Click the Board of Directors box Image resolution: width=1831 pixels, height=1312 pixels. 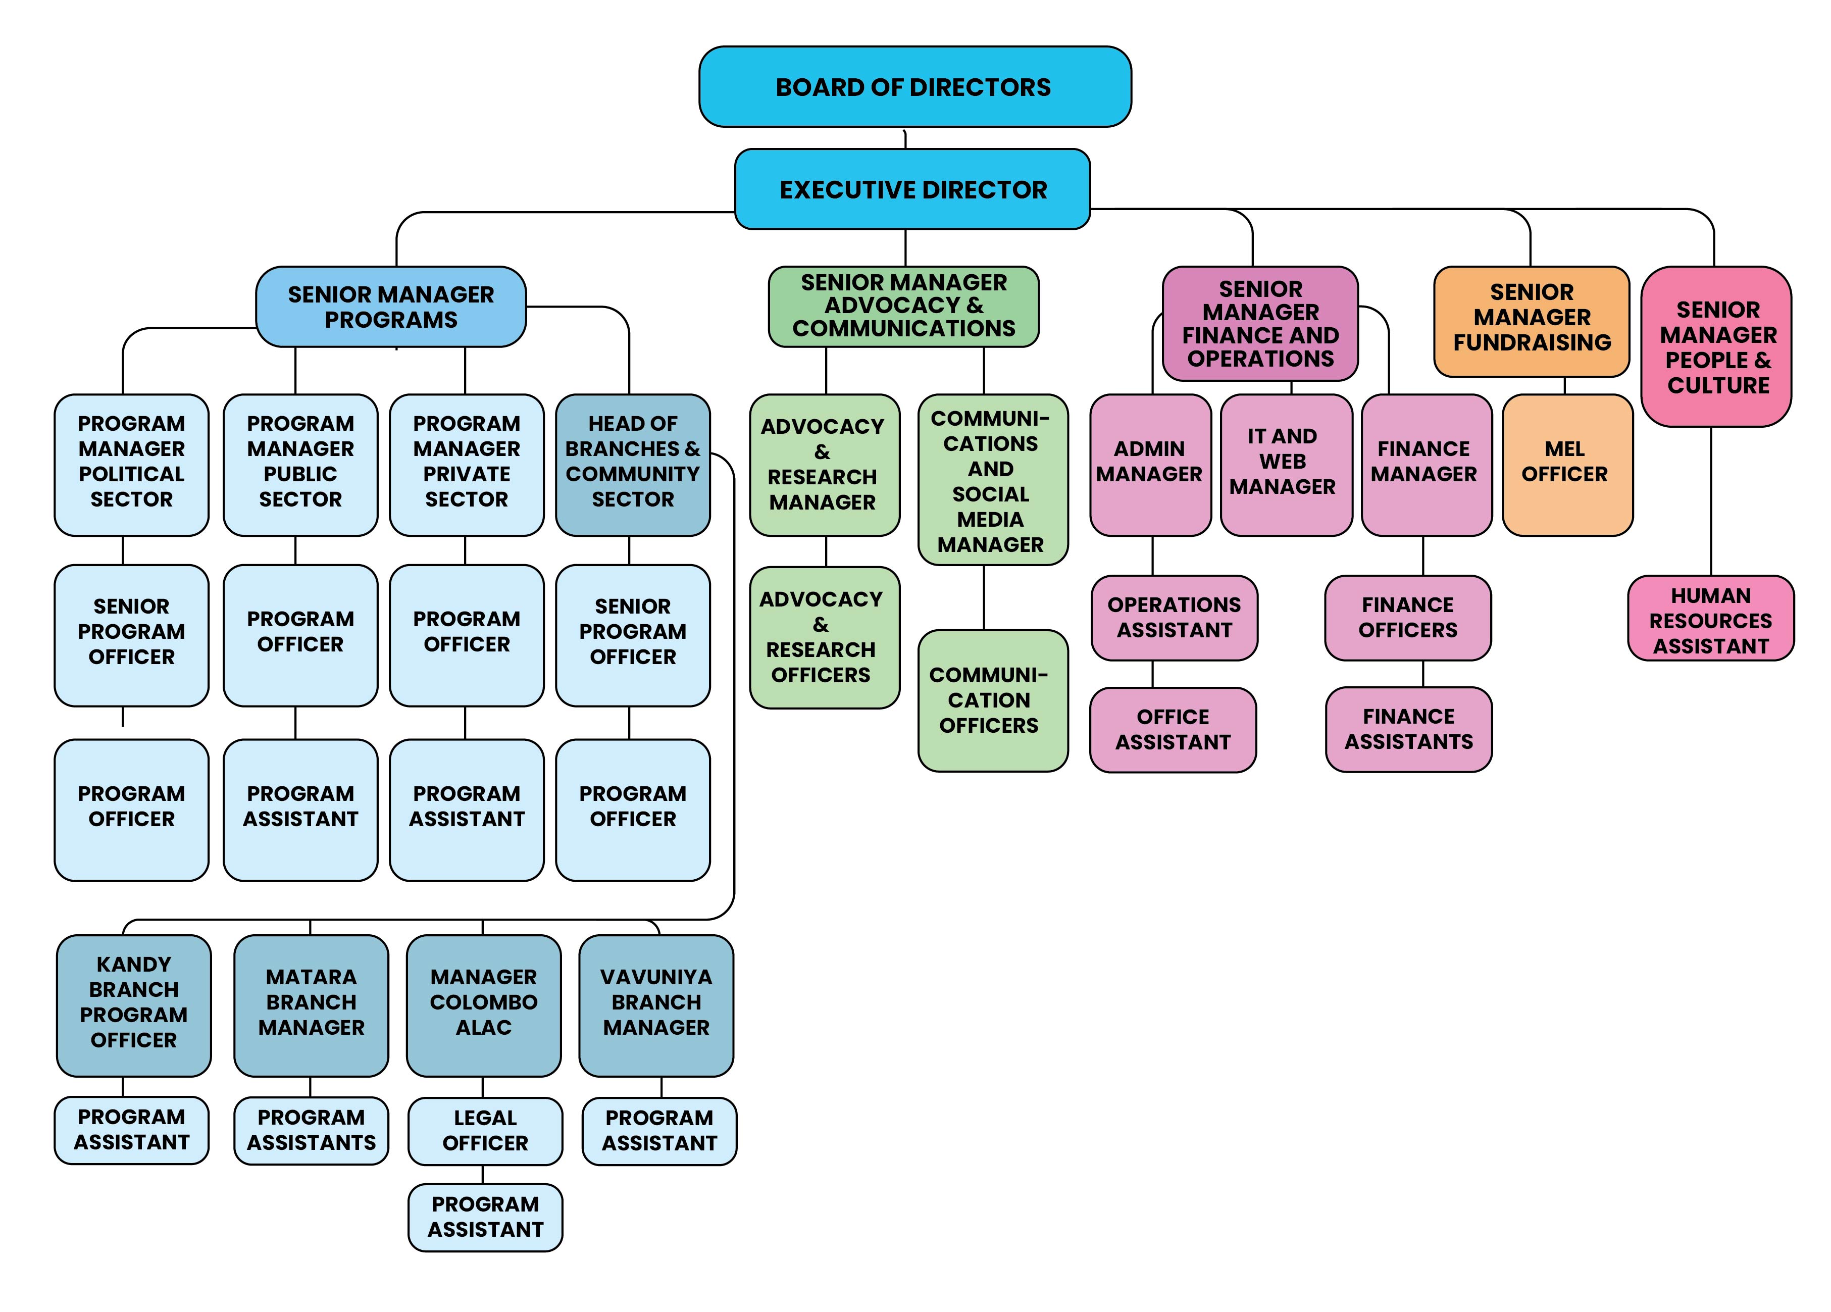click(914, 86)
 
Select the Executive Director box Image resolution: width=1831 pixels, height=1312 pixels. click(912, 189)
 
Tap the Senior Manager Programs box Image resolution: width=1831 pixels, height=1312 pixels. click(391, 307)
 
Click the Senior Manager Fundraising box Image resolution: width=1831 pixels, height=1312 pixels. click(1532, 321)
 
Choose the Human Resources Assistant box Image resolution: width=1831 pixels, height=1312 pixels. click(1711, 619)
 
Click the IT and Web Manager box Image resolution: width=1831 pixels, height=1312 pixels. click(1286, 465)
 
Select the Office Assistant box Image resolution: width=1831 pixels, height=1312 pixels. click(1173, 730)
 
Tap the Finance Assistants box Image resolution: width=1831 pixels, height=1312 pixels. click(1409, 730)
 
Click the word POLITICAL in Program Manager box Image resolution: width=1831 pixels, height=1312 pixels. click(132, 474)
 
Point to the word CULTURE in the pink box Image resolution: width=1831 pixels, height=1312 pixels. click(1718, 385)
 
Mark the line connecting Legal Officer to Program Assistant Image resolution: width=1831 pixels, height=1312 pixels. click(483, 1175)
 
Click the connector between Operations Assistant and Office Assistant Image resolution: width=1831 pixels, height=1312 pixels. click(1152, 674)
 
